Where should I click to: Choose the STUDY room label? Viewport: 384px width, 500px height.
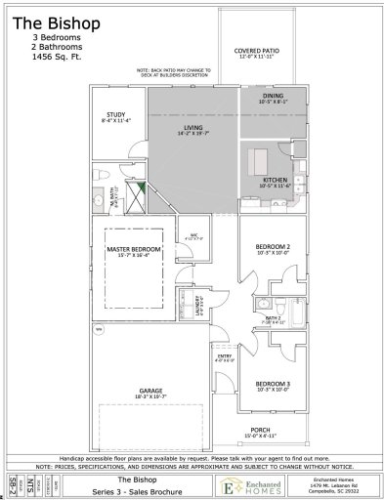115,115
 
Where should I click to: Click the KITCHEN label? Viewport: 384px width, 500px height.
275,181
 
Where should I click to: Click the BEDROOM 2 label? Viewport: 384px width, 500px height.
273,247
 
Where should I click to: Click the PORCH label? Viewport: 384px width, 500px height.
259,431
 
